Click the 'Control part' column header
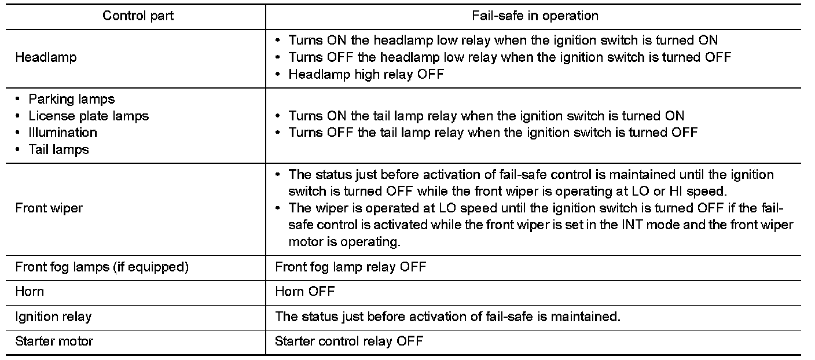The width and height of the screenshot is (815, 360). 138,16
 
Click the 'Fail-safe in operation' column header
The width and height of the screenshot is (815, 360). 535,16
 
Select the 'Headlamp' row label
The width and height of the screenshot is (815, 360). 46,57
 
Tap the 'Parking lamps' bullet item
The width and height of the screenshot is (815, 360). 71,99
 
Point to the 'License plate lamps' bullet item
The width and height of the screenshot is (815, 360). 88,116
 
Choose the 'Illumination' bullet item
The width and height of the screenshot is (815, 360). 63,133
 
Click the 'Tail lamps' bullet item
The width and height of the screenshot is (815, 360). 58,149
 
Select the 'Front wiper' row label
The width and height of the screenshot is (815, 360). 49,208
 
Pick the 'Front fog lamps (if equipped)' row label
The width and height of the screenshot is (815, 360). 102,267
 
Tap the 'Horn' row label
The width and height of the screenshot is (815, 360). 30,291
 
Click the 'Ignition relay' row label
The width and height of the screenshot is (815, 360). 53,316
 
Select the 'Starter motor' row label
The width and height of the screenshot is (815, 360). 54,341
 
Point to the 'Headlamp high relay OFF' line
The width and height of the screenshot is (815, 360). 366,75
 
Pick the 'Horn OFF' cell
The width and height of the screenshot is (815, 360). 304,291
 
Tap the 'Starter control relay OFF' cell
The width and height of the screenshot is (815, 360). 348,341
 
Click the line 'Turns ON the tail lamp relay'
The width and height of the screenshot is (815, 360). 486,116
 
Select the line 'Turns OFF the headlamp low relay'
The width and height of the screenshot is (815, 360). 509,57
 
